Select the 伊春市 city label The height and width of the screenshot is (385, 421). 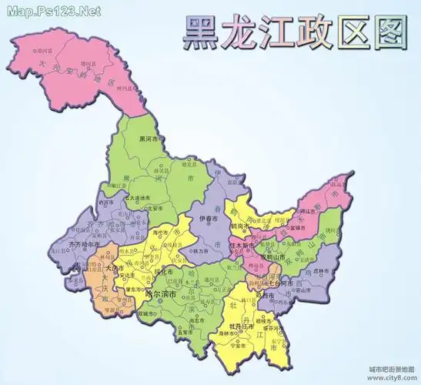tap(210, 219)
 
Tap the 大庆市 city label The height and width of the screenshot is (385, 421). tap(112, 268)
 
